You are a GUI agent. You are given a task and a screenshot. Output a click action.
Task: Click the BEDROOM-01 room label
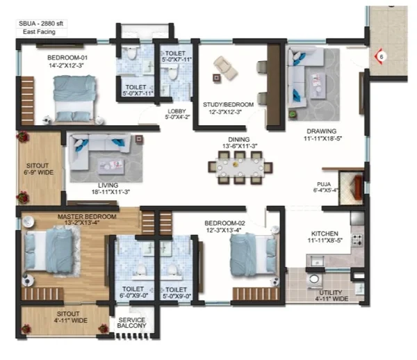pos(67,58)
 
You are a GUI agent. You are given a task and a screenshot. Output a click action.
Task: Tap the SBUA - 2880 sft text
pos(41,24)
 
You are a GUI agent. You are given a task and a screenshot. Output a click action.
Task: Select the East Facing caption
pos(39,32)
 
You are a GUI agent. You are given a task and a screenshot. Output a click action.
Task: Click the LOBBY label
pos(177,111)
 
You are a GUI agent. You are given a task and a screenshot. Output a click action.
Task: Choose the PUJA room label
pos(324,184)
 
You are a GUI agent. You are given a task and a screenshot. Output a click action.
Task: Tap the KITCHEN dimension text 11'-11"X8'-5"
pos(325,240)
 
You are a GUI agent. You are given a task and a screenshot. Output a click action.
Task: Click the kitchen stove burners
pos(357,239)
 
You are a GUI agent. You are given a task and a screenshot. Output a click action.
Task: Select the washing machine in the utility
pos(314,280)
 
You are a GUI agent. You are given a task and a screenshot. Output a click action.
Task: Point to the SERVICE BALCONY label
pos(132,322)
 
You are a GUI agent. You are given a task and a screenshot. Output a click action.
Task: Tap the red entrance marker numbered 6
pos(379,56)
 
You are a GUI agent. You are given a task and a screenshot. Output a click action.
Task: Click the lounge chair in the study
pos(225,68)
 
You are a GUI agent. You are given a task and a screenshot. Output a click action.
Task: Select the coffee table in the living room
pos(111,167)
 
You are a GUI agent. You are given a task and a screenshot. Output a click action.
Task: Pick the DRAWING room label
pos(322,131)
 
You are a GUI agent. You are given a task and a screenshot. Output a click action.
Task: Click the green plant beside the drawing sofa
pos(293,115)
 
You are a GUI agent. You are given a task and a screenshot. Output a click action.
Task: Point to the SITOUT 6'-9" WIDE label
pos(39,169)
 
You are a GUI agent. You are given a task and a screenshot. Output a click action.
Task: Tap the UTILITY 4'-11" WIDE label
pos(332,295)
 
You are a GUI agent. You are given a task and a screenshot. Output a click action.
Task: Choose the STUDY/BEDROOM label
pos(228,105)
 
